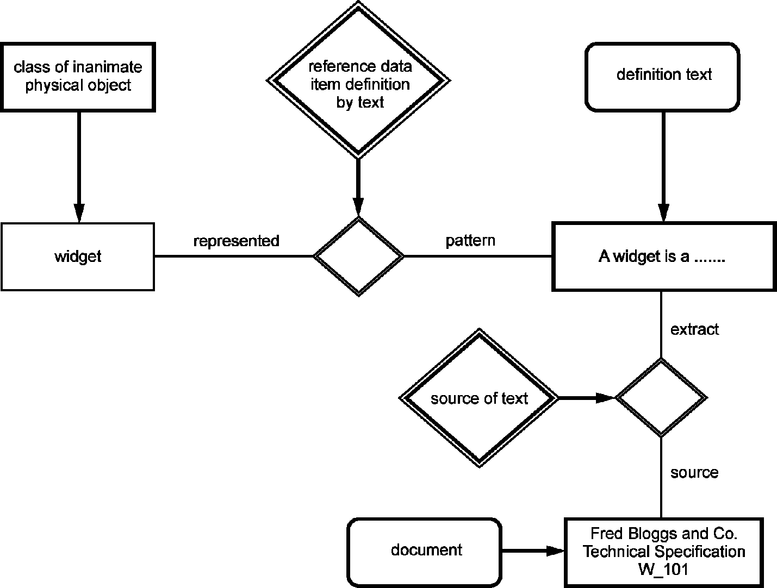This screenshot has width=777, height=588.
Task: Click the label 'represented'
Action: click(x=236, y=241)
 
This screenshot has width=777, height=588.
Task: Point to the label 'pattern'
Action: click(x=470, y=241)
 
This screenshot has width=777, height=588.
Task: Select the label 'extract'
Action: click(x=694, y=329)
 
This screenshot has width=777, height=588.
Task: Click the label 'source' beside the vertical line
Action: click(x=694, y=473)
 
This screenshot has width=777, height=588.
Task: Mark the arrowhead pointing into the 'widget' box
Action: click(x=79, y=213)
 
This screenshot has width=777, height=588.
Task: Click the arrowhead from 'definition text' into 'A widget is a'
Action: click(x=663, y=212)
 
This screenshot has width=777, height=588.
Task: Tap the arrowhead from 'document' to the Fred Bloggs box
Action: click(x=555, y=551)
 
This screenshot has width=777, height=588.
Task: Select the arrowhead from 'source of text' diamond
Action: click(x=605, y=398)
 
